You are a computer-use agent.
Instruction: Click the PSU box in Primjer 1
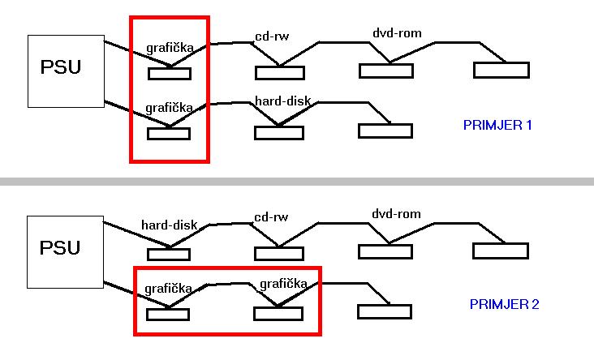coord(66,71)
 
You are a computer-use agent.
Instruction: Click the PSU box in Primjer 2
coord(66,251)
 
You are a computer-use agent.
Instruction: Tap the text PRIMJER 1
coord(496,126)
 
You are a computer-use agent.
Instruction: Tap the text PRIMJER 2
coord(504,305)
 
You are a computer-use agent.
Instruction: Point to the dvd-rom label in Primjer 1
coord(397,33)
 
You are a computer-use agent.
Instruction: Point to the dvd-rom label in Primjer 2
coord(397,214)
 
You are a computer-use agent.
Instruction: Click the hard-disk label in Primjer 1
coord(282,101)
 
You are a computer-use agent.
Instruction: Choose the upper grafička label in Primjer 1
coord(170,48)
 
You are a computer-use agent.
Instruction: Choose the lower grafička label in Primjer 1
coord(168,107)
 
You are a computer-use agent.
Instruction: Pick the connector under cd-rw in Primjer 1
coord(280,73)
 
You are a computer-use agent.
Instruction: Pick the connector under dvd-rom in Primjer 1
coord(386,71)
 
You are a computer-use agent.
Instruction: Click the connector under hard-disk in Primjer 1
coord(279,132)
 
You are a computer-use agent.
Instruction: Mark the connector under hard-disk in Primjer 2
coord(169,254)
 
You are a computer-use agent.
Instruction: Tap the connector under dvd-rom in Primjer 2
coord(386,251)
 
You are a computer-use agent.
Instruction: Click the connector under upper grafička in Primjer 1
coord(169,74)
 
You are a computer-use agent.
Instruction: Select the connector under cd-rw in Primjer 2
coord(280,253)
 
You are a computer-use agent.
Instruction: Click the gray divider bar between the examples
coord(297,180)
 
